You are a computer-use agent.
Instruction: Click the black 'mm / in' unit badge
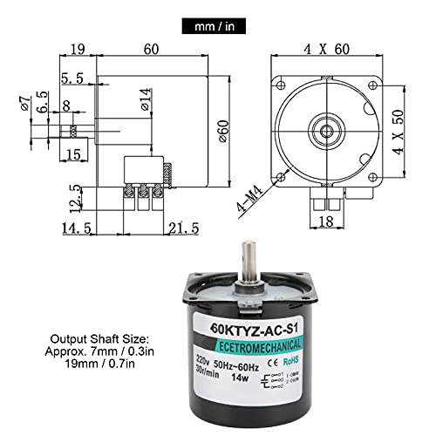217,27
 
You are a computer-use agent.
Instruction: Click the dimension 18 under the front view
324,222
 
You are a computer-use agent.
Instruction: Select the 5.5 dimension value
74,78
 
